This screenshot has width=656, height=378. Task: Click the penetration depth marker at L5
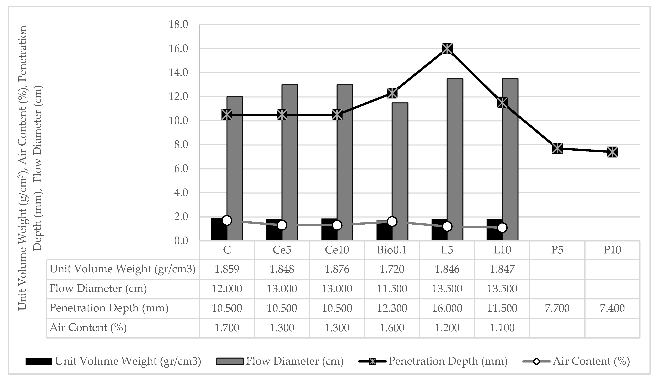point(447,49)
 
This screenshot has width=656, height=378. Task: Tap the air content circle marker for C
point(227,220)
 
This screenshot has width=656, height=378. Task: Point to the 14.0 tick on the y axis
point(178,73)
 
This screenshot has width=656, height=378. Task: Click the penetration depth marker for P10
point(612,152)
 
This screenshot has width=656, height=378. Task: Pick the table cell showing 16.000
point(447,308)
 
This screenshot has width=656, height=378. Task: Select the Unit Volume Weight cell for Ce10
point(337,269)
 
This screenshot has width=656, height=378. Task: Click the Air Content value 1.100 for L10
point(502,328)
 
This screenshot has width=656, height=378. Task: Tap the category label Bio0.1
point(392,250)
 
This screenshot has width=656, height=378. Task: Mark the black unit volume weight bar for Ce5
point(274,230)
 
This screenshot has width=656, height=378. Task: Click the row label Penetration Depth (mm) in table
point(109,308)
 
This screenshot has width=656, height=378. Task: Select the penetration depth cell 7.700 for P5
point(557,308)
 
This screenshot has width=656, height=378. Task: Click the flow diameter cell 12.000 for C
point(227,289)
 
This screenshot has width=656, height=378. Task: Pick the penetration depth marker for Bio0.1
point(392,93)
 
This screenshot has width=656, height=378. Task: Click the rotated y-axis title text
point(30,168)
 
